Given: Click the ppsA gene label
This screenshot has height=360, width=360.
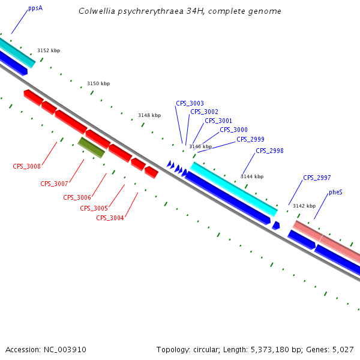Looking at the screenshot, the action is pos(35,9).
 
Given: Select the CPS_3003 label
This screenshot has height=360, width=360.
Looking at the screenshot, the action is pos(190,103).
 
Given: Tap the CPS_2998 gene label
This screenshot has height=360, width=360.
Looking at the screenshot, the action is pos(269,151).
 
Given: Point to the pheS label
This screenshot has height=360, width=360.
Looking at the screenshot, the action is pos(335,193).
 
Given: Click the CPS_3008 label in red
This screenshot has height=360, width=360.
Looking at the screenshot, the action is pos(26,166).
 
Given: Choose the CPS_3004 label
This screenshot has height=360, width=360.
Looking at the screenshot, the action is pos(110,218).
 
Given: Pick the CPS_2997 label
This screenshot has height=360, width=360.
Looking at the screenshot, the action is pos(317,178).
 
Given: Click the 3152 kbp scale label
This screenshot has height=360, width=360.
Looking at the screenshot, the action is pos(49,51).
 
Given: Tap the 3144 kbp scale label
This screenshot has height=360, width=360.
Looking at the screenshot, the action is pos(252,176).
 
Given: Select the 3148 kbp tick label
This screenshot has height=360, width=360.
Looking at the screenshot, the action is pos(149,115).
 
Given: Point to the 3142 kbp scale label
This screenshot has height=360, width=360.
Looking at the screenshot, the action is pos(304,206).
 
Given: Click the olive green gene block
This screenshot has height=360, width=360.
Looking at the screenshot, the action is pos(91,147).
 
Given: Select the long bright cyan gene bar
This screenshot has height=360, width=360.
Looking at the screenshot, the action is pos(234,189).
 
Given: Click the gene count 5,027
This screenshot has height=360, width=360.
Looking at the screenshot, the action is pos(343,349).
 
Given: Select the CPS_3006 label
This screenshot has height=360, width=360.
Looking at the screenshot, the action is pos(77,197).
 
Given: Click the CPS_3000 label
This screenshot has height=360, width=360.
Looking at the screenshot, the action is pos(233,130).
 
